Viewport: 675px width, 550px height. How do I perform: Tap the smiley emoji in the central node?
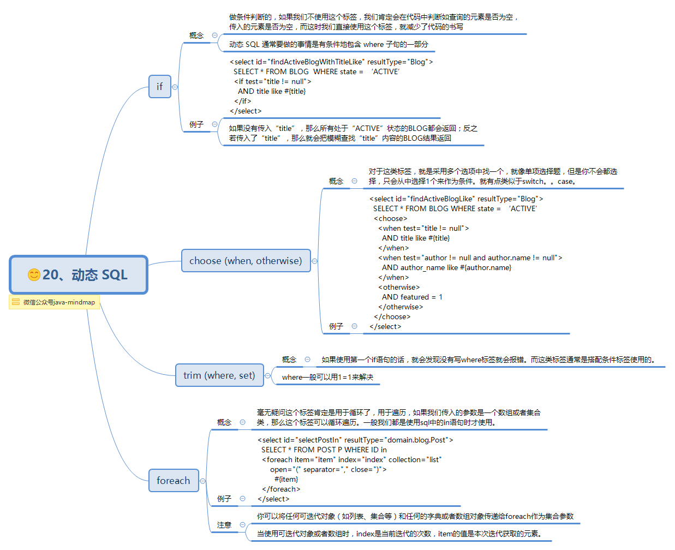coord(34,274)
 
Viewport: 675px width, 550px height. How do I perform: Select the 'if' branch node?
coord(159,87)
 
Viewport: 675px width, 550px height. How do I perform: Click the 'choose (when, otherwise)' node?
coord(246,261)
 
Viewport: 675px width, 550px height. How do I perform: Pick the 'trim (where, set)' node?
coord(219,375)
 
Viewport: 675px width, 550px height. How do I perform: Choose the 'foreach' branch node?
coord(174,481)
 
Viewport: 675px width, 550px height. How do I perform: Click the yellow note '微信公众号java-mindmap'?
coord(54,302)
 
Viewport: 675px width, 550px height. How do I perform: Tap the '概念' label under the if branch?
coord(196,35)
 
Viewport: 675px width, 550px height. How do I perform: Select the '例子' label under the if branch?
coord(196,124)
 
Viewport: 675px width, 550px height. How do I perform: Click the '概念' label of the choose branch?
coord(336,181)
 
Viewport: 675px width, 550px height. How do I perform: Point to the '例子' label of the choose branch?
coord(336,326)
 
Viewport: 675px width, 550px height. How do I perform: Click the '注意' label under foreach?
coord(224,525)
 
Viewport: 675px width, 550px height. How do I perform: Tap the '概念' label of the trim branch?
coord(289,360)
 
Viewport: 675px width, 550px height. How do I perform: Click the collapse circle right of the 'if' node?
coord(175,87)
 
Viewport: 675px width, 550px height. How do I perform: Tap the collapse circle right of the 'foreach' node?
coord(202,481)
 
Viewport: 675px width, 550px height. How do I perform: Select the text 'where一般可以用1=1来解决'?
coord(327,377)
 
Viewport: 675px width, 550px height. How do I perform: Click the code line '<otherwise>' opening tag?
coord(399,288)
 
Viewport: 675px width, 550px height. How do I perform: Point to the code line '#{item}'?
coord(286,479)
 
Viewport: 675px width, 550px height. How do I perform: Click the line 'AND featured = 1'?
coord(412,297)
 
